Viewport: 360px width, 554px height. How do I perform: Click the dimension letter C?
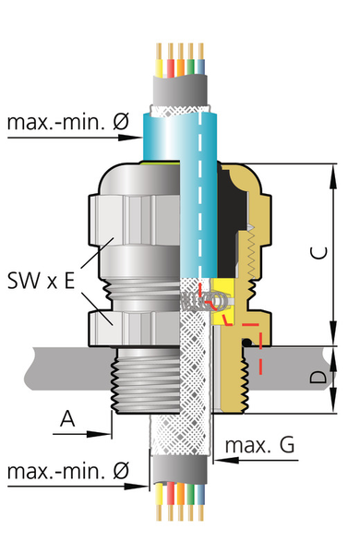(318, 253)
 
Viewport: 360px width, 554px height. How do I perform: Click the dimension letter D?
(318, 377)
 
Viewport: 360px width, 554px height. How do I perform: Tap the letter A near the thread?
(67, 418)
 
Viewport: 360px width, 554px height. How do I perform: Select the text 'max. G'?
(259, 445)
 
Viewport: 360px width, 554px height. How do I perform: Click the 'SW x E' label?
(41, 281)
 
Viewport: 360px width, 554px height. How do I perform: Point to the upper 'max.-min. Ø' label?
(68, 122)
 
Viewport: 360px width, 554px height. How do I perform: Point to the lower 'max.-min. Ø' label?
(68, 471)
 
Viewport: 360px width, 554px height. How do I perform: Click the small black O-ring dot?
(246, 342)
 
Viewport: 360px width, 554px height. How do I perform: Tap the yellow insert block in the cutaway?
(223, 301)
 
